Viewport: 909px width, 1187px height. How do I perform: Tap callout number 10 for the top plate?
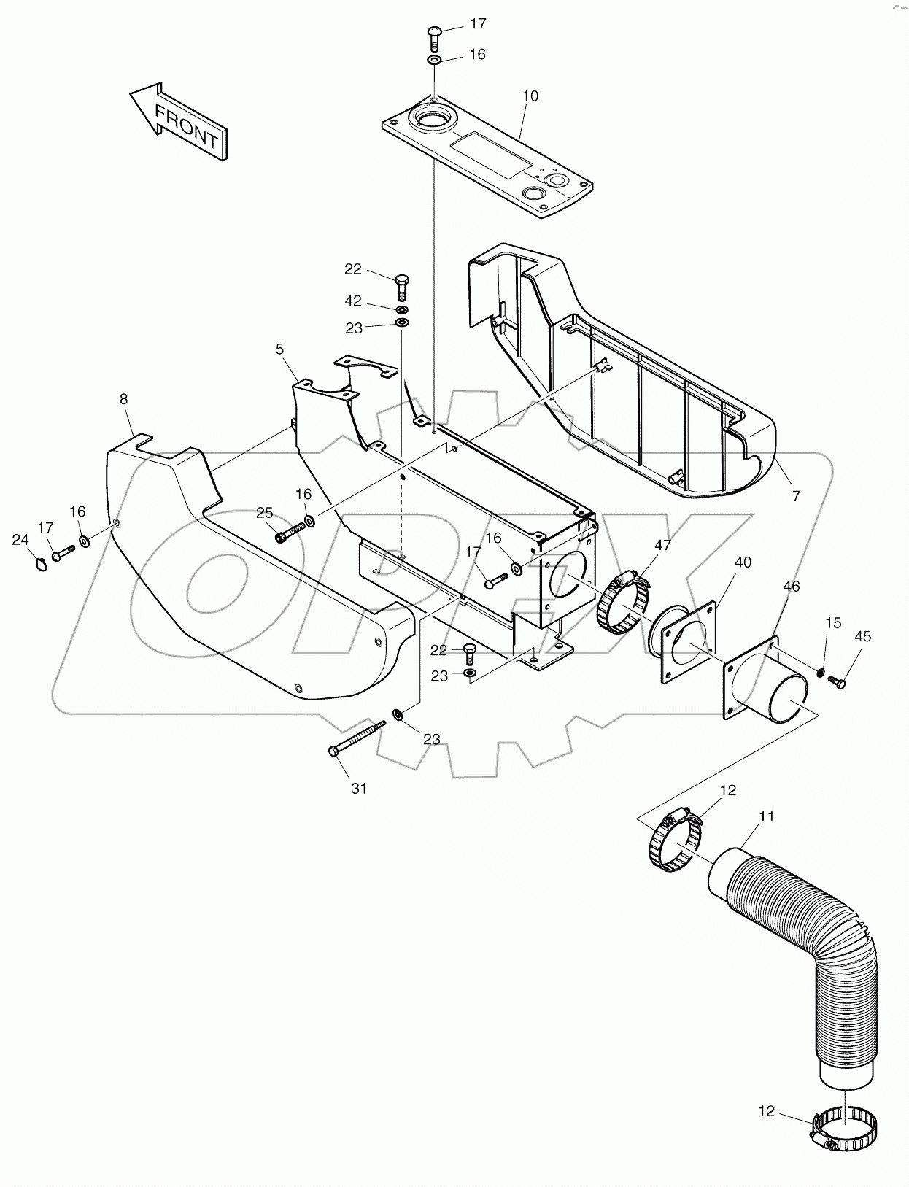click(530, 96)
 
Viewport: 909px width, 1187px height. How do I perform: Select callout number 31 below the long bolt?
click(358, 788)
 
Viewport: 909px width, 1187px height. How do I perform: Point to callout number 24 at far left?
click(20, 540)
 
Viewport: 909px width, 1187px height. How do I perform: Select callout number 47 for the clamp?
click(662, 545)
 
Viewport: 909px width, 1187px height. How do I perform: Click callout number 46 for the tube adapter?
click(792, 586)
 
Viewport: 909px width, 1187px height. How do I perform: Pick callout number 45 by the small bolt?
click(862, 636)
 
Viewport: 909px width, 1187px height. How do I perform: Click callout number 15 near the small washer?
click(833, 622)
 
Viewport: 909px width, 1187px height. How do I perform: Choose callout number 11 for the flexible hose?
click(766, 816)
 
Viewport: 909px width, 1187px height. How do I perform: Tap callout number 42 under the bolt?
click(353, 301)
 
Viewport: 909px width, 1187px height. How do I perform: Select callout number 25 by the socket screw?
click(264, 513)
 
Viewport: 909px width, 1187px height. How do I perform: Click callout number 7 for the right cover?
click(796, 496)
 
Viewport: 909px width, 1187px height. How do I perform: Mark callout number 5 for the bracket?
click(279, 349)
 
